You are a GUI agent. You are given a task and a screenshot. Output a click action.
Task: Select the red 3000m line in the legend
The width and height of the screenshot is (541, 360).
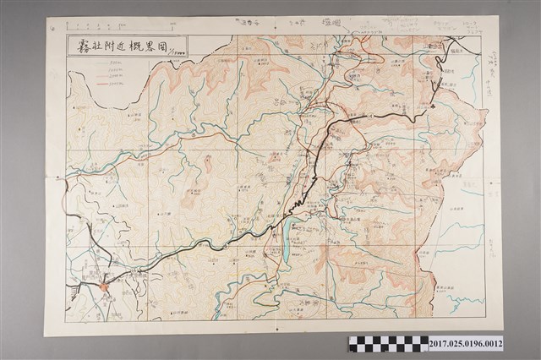102,84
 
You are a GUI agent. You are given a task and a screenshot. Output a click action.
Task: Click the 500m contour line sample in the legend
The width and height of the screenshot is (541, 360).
102,63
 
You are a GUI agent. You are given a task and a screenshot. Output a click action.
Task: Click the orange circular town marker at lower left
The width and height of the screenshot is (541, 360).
104,287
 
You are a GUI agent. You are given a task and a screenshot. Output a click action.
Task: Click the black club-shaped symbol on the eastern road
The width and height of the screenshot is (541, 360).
433,107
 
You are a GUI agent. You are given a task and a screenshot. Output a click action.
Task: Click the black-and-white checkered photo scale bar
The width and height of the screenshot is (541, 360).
388,343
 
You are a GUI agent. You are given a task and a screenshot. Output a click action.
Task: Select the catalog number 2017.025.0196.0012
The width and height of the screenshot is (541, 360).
466,343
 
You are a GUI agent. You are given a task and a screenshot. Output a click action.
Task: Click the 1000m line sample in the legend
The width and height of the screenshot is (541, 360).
102,69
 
